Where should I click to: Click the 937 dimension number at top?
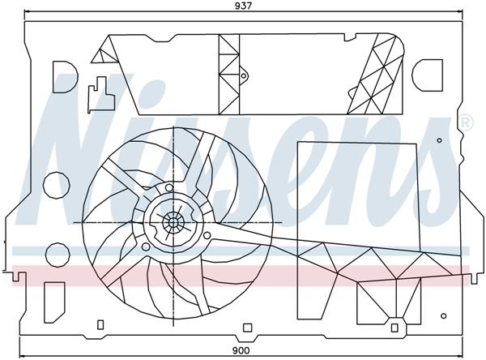pos(243,6)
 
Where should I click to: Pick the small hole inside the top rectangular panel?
pos(243,76)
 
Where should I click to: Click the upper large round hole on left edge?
pos(55,184)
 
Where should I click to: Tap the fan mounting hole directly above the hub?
pos(169,188)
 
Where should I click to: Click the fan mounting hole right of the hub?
pos(207,235)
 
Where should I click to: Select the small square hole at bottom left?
pos(101,326)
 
